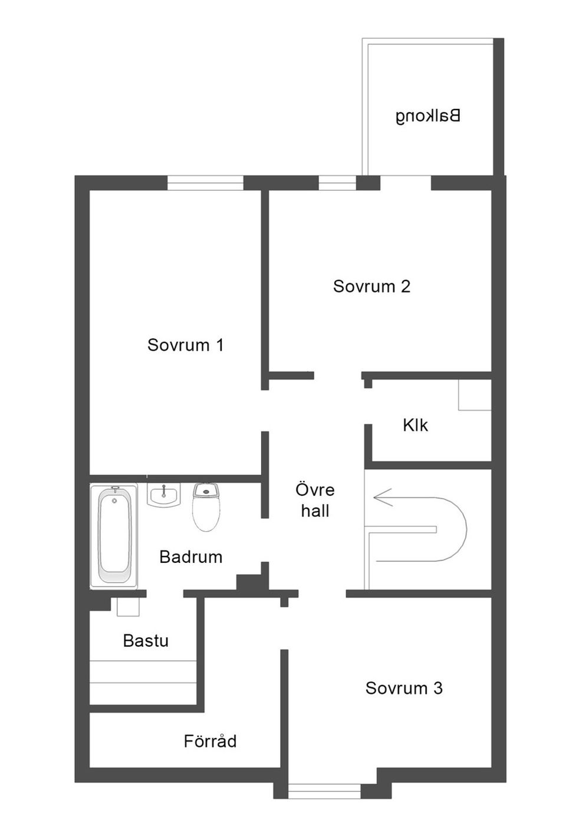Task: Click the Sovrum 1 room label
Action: pyautogui.click(x=186, y=345)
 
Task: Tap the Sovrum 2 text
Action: pyautogui.click(x=371, y=286)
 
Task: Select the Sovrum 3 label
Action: pyautogui.click(x=404, y=688)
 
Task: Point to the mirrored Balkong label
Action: pyautogui.click(x=428, y=116)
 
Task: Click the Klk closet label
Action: pyautogui.click(x=416, y=425)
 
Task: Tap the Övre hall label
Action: pyautogui.click(x=315, y=500)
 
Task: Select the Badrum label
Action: pyautogui.click(x=190, y=557)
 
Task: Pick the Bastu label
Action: pyautogui.click(x=146, y=641)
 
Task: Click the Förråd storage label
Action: pyautogui.click(x=210, y=741)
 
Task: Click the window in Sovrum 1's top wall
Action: pyautogui.click(x=205, y=183)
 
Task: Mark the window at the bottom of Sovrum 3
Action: pyautogui.click(x=324, y=791)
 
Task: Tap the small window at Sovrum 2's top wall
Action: pyautogui.click(x=337, y=183)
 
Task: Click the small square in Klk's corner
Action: pyautogui.click(x=475, y=395)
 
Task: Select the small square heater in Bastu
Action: pyautogui.click(x=128, y=607)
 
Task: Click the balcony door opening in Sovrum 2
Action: pyautogui.click(x=406, y=183)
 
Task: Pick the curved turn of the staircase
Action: pyautogui.click(x=454, y=529)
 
